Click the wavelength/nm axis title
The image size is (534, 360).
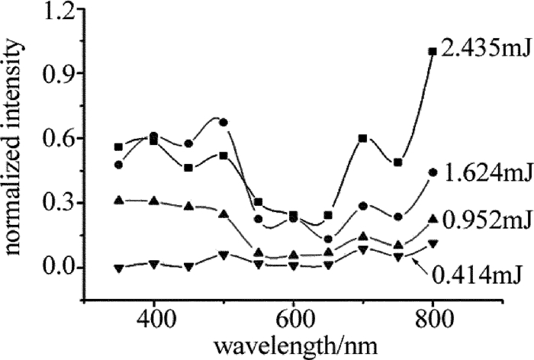(294, 343)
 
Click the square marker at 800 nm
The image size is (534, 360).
(433, 51)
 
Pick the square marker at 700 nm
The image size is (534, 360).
(363, 138)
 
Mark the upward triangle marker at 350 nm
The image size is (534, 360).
(118, 200)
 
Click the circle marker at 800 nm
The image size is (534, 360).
(433, 172)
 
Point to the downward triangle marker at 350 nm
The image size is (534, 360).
(118, 268)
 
